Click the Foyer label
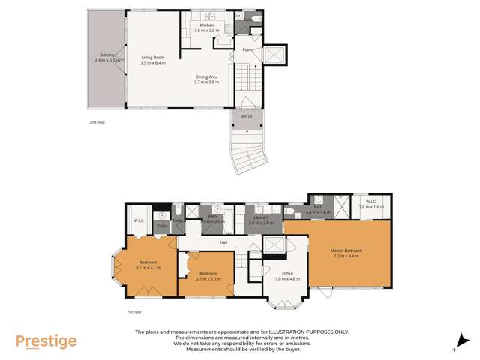[x=247, y=49]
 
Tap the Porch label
[x=246, y=117]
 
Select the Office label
[x=287, y=273]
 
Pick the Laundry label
[x=261, y=217]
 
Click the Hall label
[x=223, y=242]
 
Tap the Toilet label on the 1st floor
[x=162, y=225]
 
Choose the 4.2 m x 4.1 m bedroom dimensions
[x=148, y=267]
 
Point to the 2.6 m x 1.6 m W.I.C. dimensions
[x=371, y=206]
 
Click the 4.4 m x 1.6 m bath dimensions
[x=318, y=213]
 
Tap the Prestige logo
[x=46, y=341]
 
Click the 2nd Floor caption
[x=97, y=121]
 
